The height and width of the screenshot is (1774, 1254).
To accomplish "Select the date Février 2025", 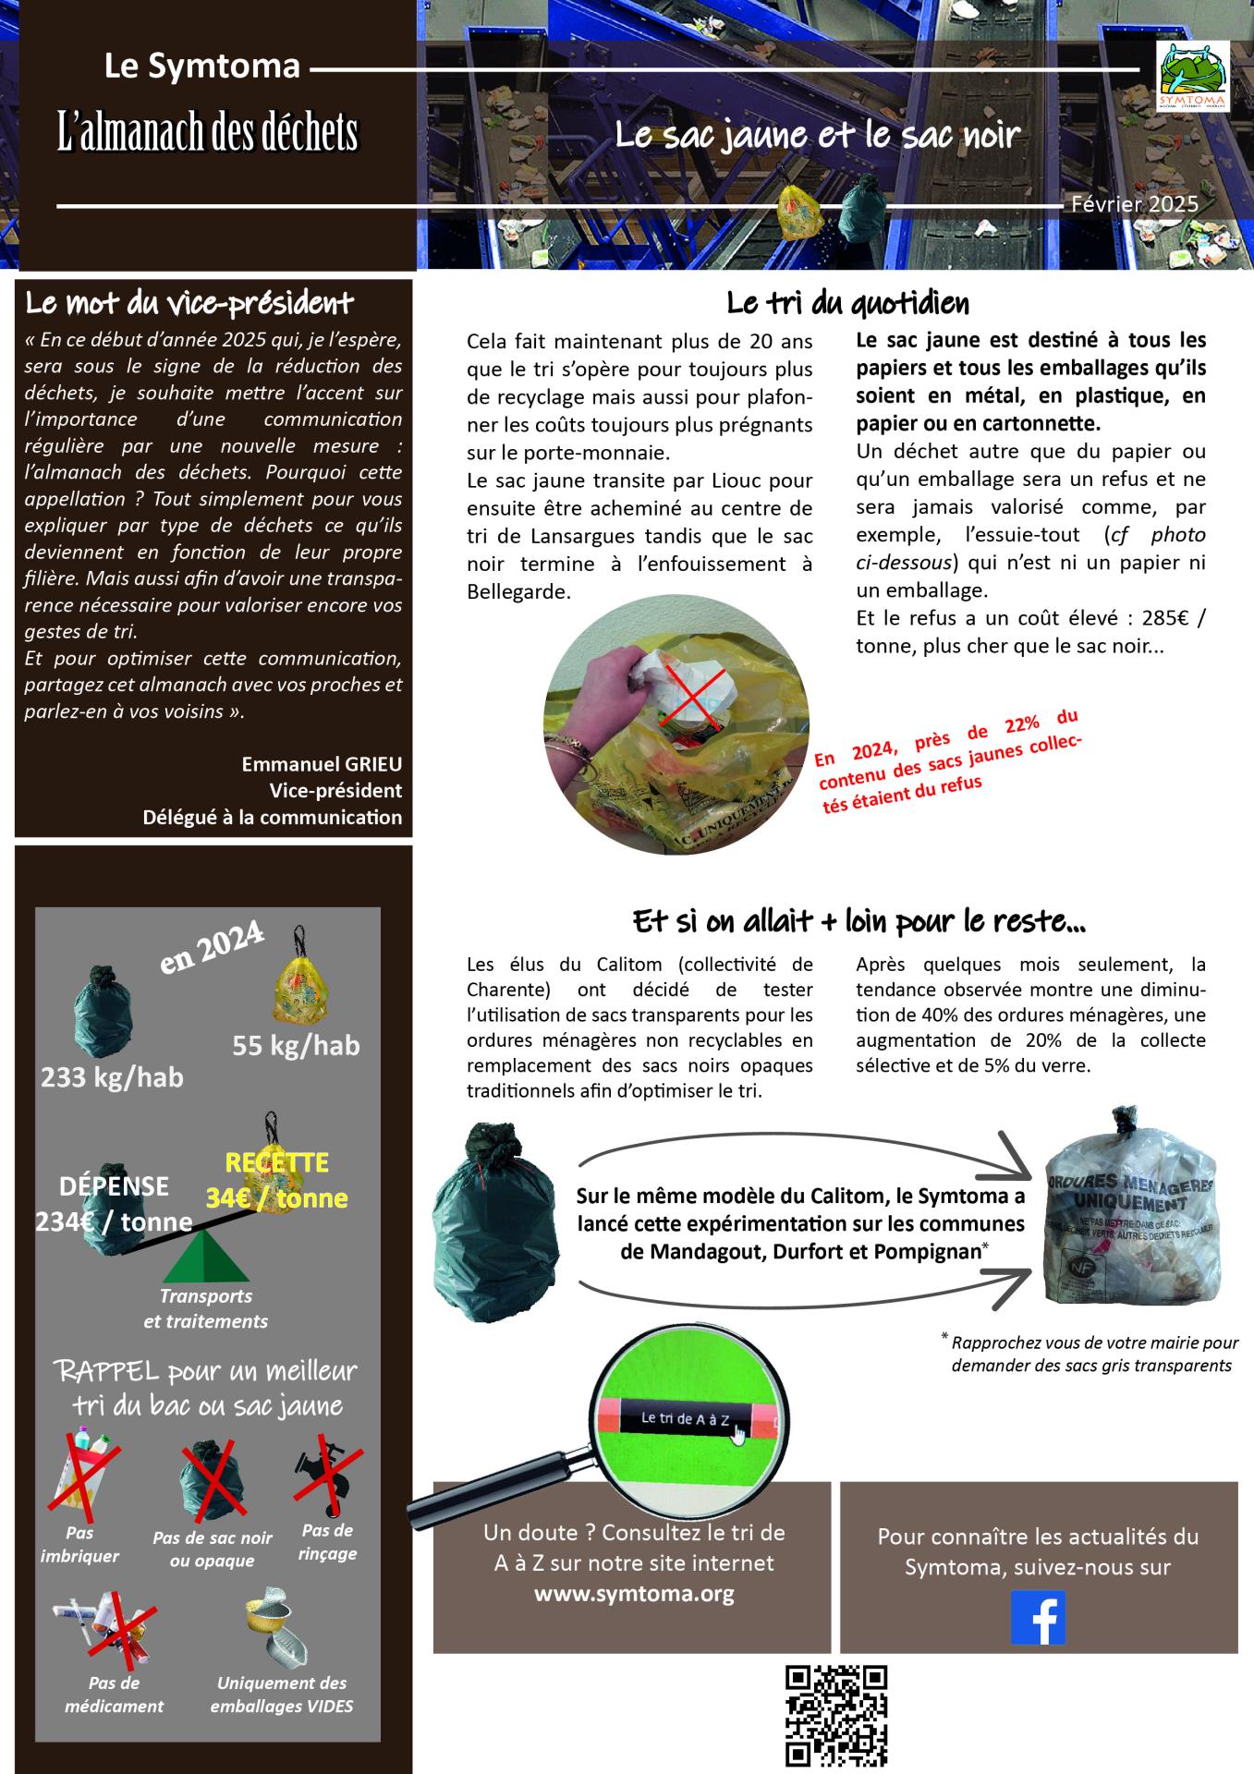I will [1135, 204].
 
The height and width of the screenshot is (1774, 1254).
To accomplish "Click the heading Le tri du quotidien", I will [847, 303].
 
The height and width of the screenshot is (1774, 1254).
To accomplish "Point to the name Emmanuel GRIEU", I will [322, 764].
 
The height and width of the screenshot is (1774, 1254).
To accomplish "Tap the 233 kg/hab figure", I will [112, 1076].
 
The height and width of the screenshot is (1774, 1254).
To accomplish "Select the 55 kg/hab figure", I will [296, 1045].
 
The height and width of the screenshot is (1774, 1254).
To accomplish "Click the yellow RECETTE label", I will [277, 1162].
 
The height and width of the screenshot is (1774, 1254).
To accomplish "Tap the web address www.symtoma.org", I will [634, 1594].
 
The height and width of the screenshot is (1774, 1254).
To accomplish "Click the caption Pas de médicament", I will [114, 1694].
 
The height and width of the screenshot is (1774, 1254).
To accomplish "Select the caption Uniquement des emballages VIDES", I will [282, 1694].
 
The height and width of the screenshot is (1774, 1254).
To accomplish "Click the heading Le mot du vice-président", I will [189, 303].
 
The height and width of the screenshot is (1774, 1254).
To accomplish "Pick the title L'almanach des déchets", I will [207, 133].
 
